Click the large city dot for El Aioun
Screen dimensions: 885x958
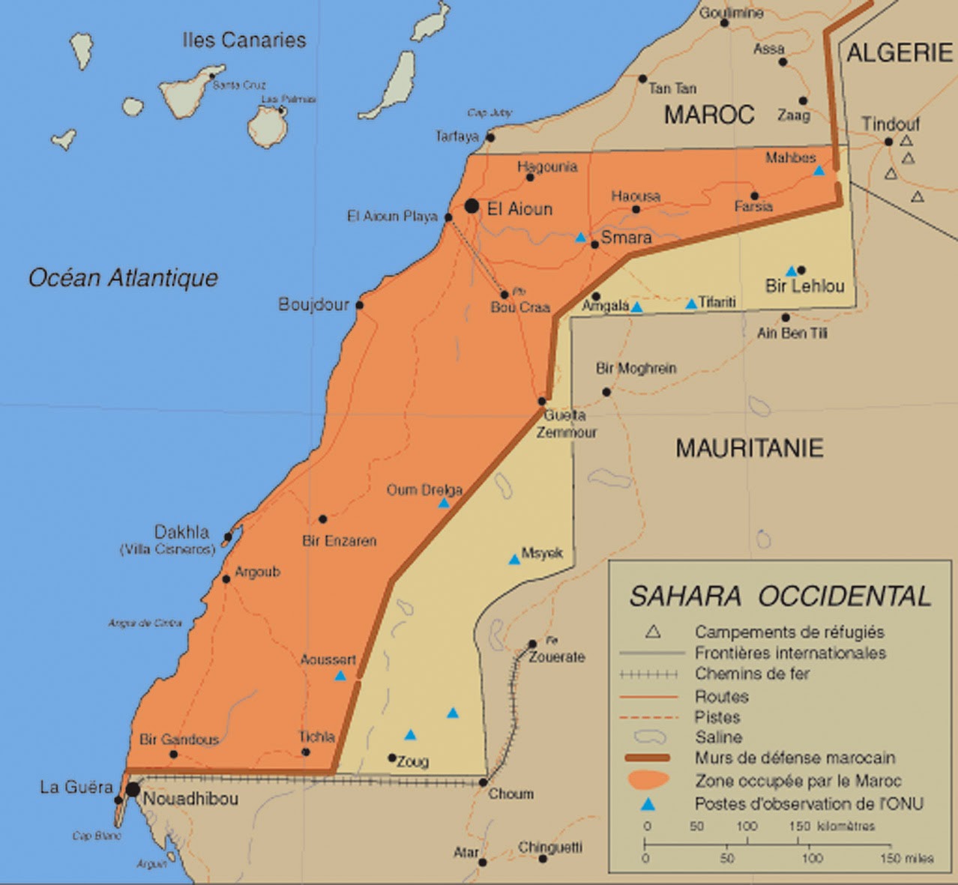coord(472,206)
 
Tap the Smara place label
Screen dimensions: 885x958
coord(626,238)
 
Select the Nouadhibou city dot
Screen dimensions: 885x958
coord(133,789)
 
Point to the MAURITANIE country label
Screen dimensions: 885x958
coord(749,448)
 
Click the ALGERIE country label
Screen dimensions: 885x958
coord(899,52)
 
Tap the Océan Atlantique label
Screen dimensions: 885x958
coord(123,278)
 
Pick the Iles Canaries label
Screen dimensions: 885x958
coord(244,40)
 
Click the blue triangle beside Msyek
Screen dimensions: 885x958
coord(514,559)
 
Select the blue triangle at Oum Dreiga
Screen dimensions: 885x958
coord(444,503)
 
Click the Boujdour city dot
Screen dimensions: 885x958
coord(360,305)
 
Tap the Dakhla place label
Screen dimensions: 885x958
coord(181,532)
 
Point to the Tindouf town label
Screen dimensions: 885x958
coord(890,124)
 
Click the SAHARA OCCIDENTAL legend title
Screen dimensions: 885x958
coord(780,596)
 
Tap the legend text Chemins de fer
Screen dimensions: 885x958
coord(752,674)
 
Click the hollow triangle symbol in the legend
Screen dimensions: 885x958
coord(653,632)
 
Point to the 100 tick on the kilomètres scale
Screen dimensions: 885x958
coord(746,827)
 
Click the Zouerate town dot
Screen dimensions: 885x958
coord(532,644)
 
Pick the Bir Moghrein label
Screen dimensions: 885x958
coord(636,368)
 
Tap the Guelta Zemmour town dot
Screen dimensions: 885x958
coord(542,402)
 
